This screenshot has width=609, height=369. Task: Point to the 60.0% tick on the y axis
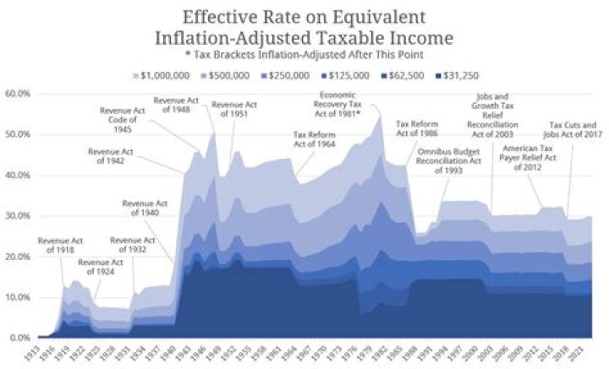pyautogui.click(x=18, y=94)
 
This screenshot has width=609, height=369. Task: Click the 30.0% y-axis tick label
pyautogui.click(x=18, y=216)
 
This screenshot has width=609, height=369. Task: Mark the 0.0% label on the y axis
pyautogui.click(x=18, y=338)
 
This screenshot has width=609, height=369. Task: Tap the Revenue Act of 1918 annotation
pyautogui.click(x=61, y=246)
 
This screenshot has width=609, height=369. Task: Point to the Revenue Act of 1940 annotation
pyautogui.click(x=145, y=208)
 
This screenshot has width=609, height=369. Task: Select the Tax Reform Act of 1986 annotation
pyautogui.click(x=418, y=129)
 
